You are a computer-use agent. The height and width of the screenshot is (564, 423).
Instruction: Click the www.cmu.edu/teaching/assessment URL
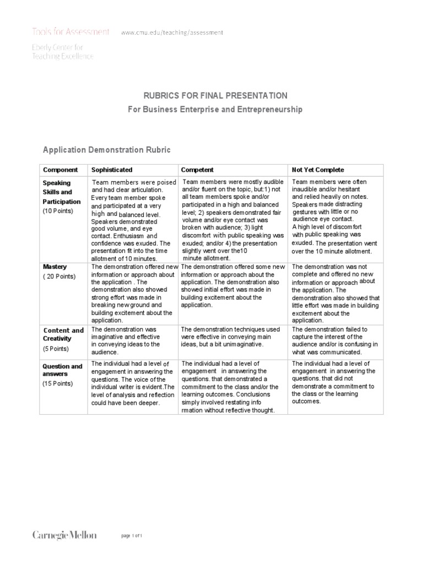[172, 33]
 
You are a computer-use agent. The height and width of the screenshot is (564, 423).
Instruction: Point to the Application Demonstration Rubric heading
[107, 150]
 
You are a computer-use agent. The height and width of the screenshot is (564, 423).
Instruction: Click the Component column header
[61, 170]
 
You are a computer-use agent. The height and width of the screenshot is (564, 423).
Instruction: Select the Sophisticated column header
[112, 170]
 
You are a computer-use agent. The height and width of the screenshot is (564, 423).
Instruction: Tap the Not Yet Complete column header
[318, 170]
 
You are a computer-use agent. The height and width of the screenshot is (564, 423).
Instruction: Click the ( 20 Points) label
[59, 276]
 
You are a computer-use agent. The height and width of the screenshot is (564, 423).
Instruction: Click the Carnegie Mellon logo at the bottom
[64, 535]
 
